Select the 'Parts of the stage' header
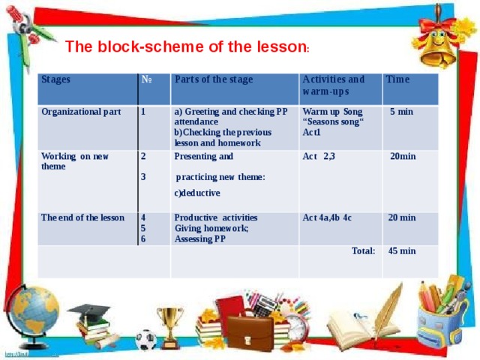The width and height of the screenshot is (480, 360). click(x=213, y=80)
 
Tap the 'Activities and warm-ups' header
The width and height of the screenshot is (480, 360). click(x=333, y=85)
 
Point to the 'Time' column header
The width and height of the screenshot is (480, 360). click(x=397, y=79)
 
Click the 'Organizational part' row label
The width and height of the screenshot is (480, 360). click(x=81, y=112)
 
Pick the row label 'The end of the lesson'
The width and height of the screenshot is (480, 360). click(x=82, y=217)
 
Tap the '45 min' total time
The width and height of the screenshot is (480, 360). click(x=402, y=251)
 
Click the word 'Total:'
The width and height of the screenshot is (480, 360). click(x=363, y=251)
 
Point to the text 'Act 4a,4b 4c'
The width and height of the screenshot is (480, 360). click(x=327, y=217)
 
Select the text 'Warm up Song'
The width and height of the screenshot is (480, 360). click(x=331, y=112)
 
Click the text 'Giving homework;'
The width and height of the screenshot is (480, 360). click(x=211, y=228)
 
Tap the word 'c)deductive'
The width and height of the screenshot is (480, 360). click(x=196, y=193)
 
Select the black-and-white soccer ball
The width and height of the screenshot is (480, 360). click(x=145, y=340)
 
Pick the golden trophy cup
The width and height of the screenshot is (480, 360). click(x=171, y=330)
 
